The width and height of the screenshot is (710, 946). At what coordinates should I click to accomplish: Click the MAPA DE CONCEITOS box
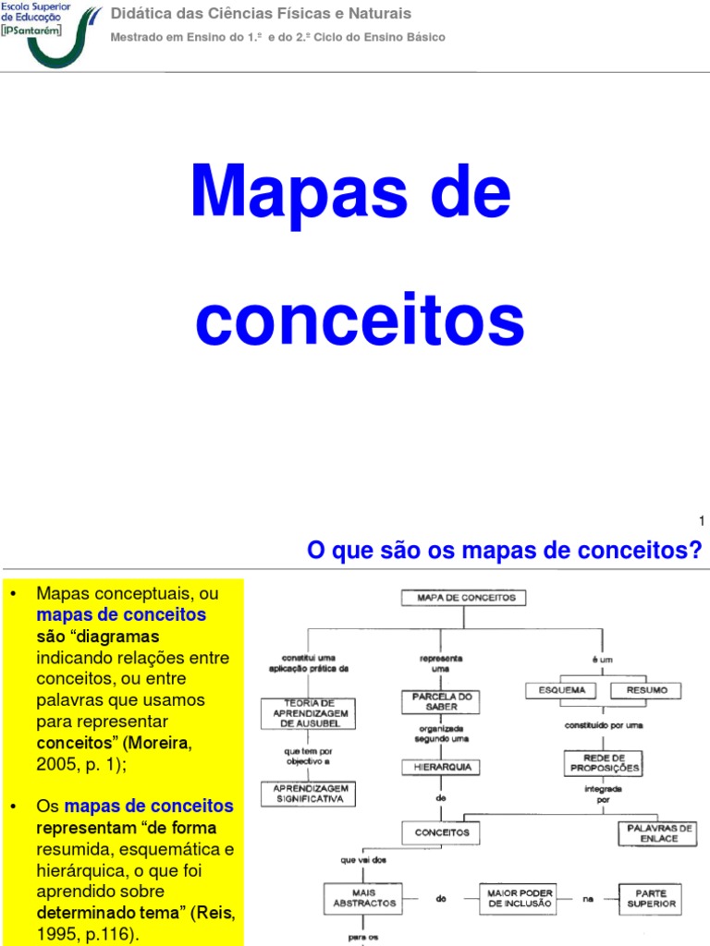coord(463,598)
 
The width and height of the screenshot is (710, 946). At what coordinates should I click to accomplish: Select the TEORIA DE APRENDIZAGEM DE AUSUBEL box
coord(308,714)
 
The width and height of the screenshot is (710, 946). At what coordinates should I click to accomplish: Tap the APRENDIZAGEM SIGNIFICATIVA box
coord(308,793)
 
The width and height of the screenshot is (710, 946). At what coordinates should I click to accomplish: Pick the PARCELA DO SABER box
coord(442,702)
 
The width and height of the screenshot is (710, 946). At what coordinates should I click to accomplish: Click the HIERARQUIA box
coord(442,767)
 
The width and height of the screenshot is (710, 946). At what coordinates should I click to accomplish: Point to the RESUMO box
coord(645,690)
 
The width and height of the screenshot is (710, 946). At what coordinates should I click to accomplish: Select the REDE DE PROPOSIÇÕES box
coord(602,763)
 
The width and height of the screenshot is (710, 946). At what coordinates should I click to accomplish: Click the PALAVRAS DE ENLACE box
coord(657,833)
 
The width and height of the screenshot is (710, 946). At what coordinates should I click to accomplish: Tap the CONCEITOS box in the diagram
coord(442,832)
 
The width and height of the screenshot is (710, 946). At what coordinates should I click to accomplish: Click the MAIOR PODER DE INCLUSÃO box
coord(520,897)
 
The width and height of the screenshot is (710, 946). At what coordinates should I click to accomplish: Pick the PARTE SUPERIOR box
coord(650,897)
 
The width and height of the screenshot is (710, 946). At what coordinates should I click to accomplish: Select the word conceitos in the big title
coord(360,320)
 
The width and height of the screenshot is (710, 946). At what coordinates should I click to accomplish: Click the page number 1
coord(702,522)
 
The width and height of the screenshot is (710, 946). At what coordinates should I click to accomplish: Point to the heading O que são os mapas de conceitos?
coord(504,552)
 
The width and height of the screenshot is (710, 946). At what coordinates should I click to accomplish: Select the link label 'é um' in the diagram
coord(603,660)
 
